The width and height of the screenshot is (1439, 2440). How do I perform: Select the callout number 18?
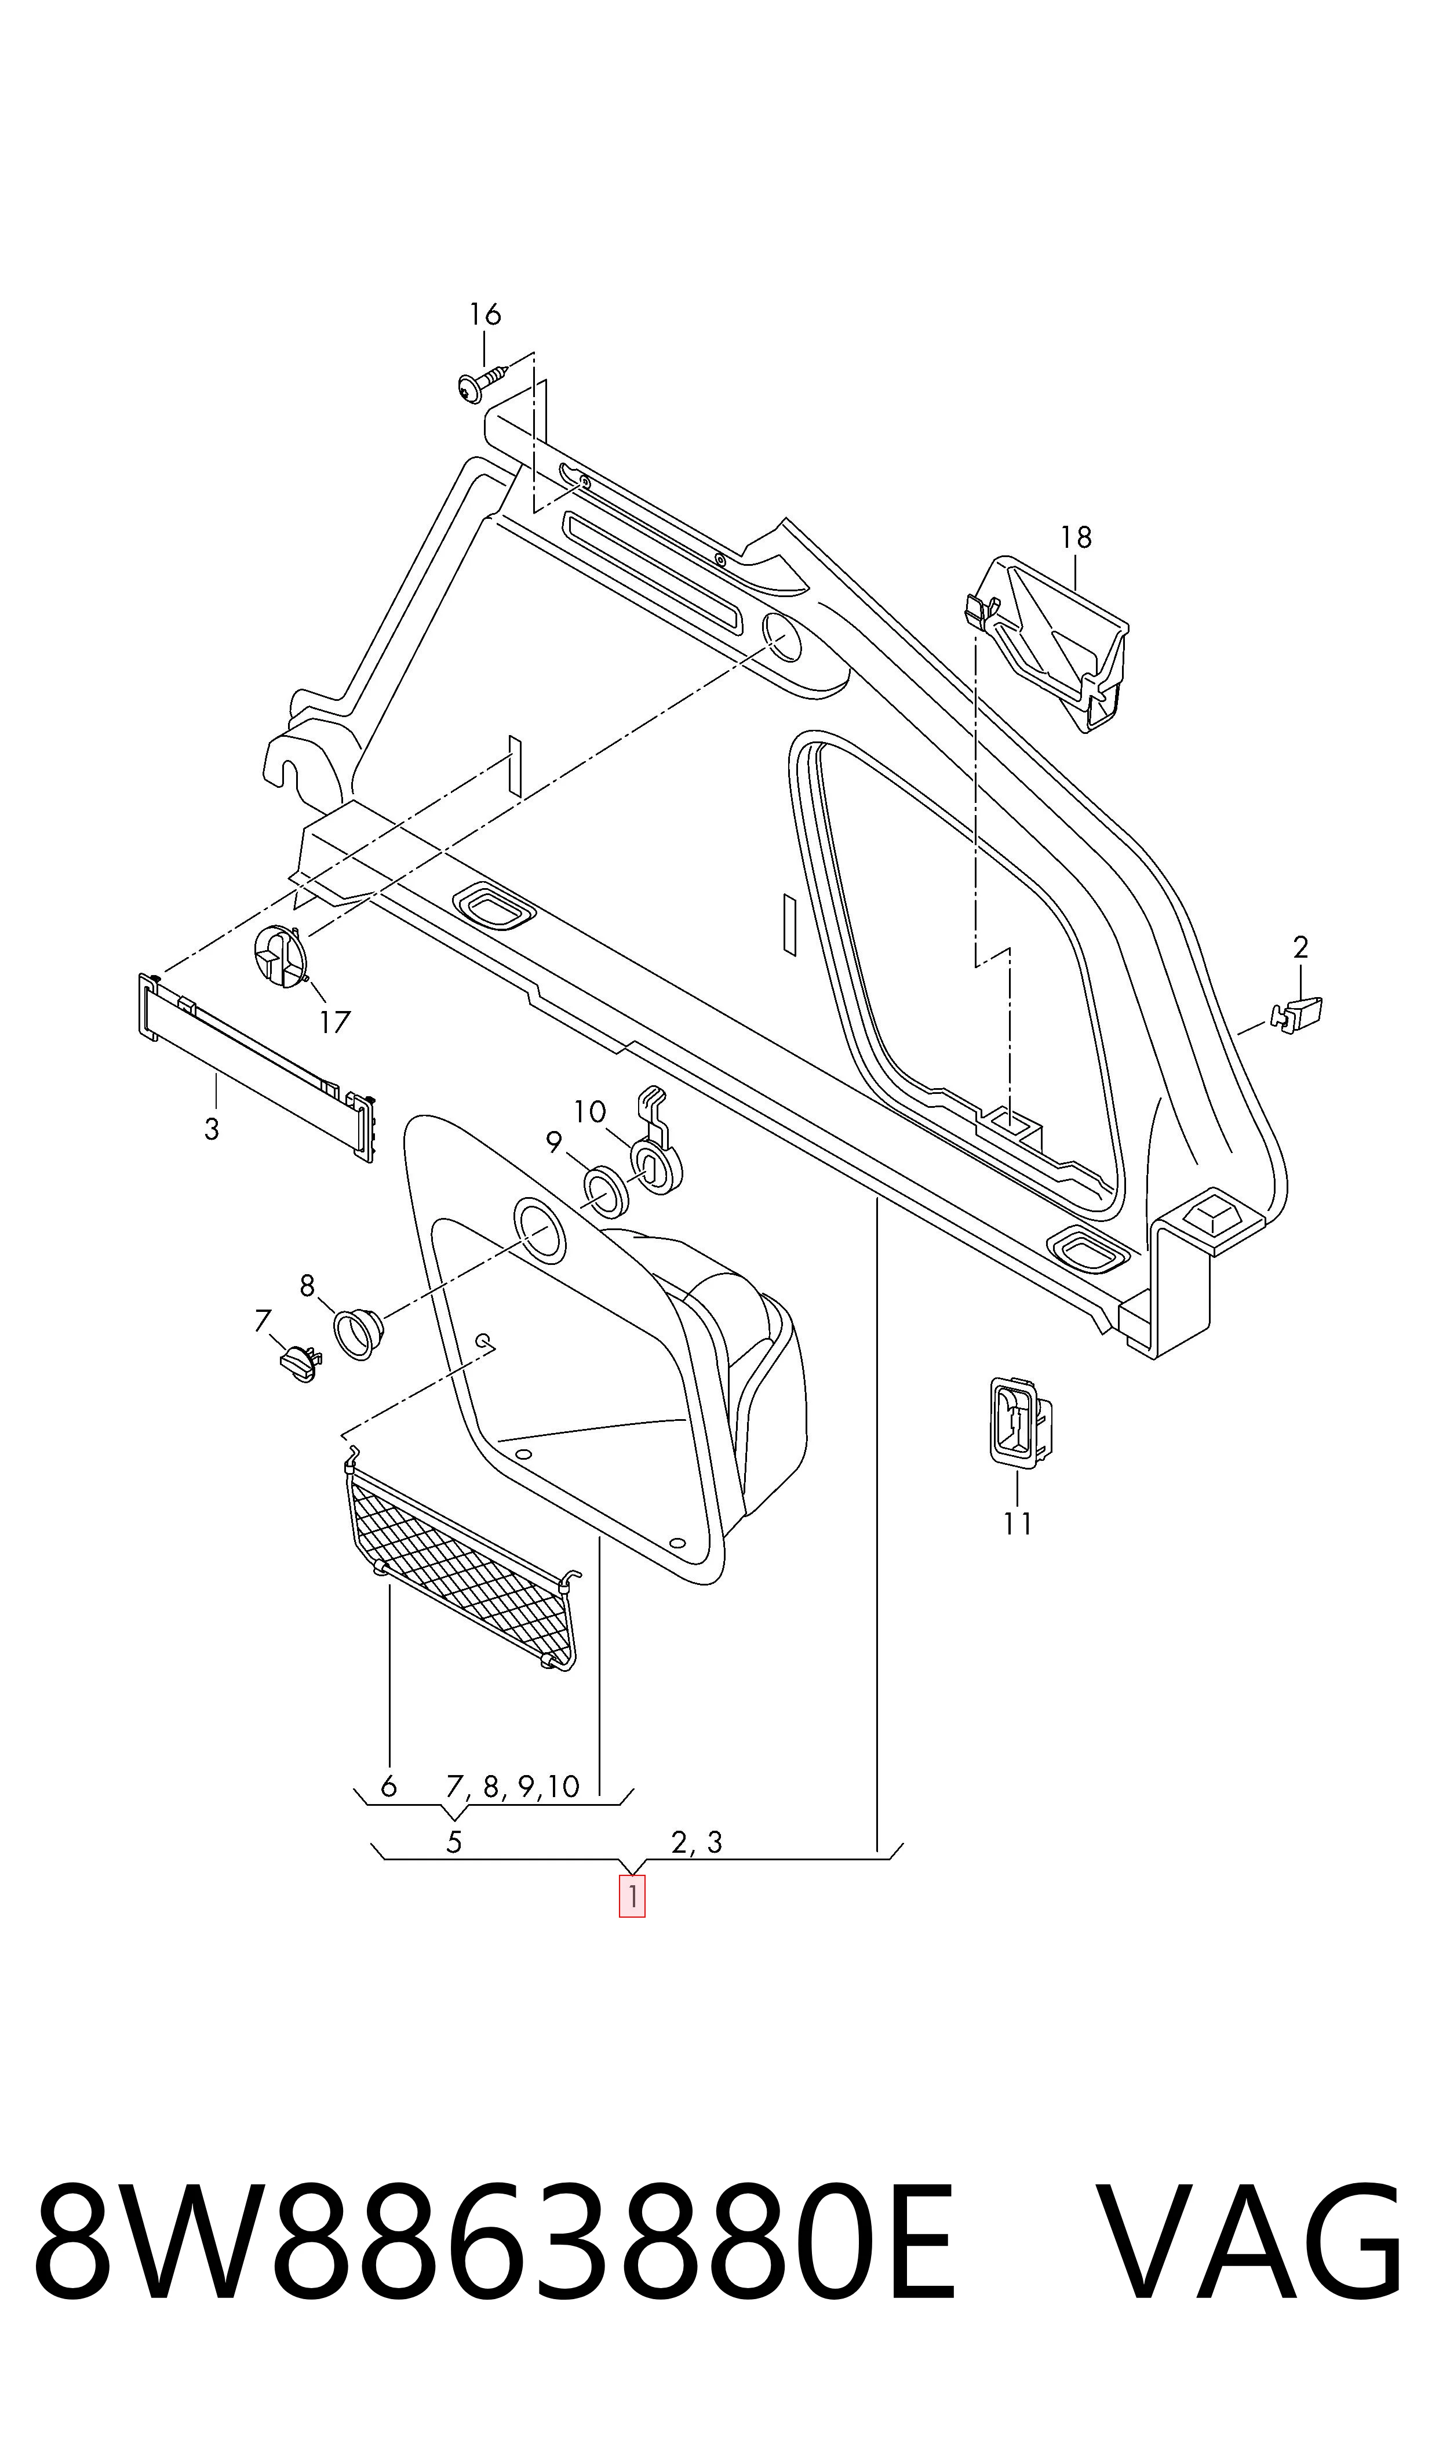[1076, 537]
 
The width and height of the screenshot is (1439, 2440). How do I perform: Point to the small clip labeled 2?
[1296, 1013]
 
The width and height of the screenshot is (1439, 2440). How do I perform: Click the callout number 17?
[334, 1022]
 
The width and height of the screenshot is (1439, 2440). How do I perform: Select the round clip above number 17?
[280, 956]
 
